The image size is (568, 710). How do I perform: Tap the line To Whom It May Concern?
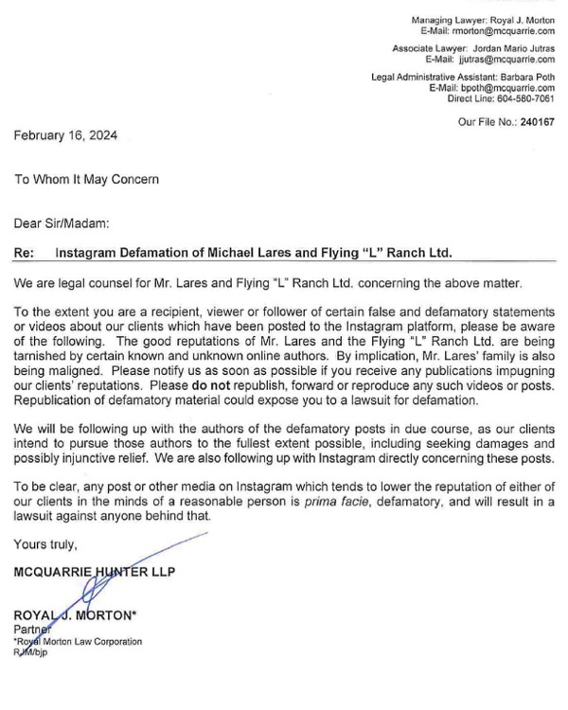coord(86,179)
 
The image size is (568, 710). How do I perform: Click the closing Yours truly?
coord(44,546)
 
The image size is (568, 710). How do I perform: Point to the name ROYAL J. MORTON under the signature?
coord(76,616)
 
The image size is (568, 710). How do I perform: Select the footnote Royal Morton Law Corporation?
coord(80,642)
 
